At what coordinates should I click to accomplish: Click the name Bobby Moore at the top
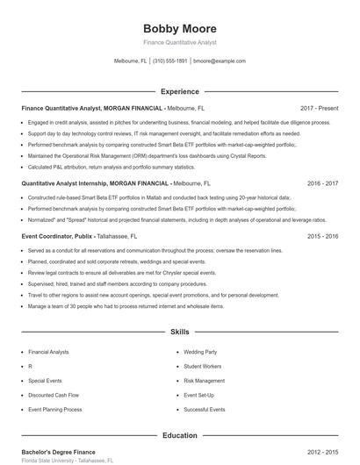point(180,27)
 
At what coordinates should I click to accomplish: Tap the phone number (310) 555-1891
point(170,61)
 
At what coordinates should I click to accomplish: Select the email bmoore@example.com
point(220,61)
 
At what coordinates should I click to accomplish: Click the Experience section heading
point(180,91)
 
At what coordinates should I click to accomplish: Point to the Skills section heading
point(180,333)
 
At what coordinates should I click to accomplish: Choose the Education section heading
point(180,435)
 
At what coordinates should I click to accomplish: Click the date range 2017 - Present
point(319,107)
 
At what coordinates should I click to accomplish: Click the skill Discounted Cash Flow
point(52,395)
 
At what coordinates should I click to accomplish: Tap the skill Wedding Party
point(200,351)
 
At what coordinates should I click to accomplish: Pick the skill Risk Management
point(205,381)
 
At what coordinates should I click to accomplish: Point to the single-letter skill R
point(30,366)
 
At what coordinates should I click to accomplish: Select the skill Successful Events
point(205,410)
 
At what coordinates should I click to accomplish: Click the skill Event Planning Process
point(54,410)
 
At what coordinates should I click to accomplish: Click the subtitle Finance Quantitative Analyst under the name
point(180,42)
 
